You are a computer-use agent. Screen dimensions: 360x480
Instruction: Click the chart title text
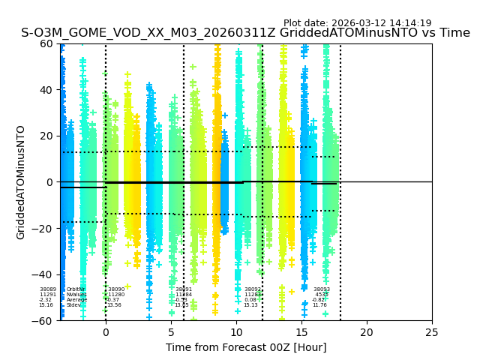[245, 33]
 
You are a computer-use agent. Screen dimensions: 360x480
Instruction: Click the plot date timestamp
[357, 23]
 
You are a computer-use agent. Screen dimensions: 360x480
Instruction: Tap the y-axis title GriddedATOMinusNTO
[21, 182]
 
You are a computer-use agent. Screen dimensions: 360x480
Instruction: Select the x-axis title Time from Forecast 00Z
[246, 347]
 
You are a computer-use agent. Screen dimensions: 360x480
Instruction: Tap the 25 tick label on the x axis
[432, 332]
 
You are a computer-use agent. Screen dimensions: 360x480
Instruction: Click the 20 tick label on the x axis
[367, 332]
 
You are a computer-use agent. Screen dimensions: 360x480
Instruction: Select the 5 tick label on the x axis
[171, 332]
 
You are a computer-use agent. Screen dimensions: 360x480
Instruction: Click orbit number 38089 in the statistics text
[47, 289]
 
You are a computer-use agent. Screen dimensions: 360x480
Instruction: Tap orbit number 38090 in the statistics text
[116, 289]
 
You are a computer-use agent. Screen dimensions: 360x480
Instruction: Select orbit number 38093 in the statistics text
[321, 289]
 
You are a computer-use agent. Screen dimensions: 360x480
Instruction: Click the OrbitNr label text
[76, 289]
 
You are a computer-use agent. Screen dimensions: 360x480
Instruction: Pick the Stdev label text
[73, 305]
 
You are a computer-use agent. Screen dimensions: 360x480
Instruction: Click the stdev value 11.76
[319, 305]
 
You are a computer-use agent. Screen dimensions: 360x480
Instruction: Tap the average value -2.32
[46, 300]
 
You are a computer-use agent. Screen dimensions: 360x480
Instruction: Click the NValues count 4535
[321, 295]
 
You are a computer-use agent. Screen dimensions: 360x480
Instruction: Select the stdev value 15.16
[46, 305]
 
